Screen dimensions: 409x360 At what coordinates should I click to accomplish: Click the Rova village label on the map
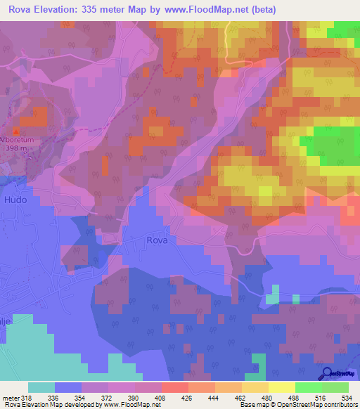tap(157, 240)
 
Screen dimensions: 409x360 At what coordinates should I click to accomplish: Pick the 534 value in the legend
tap(346, 397)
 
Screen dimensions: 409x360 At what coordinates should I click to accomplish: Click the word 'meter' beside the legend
tap(10, 397)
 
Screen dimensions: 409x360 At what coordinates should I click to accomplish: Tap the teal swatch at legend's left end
tap(41, 387)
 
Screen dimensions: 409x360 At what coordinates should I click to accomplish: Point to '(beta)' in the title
tap(264, 10)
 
